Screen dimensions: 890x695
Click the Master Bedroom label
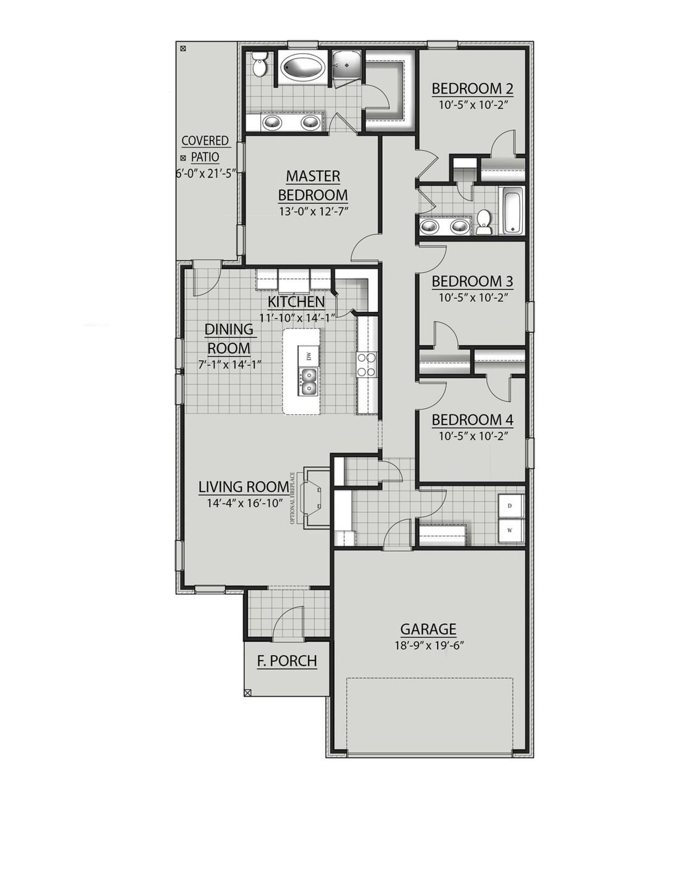(x=313, y=185)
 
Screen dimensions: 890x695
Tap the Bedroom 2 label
(x=472, y=89)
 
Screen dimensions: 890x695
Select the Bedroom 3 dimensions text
(x=472, y=298)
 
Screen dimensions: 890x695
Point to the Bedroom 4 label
(x=472, y=420)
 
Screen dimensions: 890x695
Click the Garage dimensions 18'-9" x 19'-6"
(x=428, y=646)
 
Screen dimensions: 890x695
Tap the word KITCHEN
(x=296, y=302)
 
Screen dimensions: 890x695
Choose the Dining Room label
(x=228, y=339)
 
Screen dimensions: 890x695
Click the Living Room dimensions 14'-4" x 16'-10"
(x=244, y=503)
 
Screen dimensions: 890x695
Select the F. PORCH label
(x=287, y=661)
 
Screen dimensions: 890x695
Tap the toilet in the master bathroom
(x=260, y=65)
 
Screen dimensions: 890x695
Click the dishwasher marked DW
(x=308, y=356)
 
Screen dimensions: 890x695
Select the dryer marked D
(x=510, y=505)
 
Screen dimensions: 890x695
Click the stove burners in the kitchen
(x=367, y=365)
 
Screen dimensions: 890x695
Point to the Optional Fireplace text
(x=293, y=498)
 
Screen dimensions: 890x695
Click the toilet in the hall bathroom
(x=484, y=223)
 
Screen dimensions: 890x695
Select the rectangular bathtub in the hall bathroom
(x=512, y=210)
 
